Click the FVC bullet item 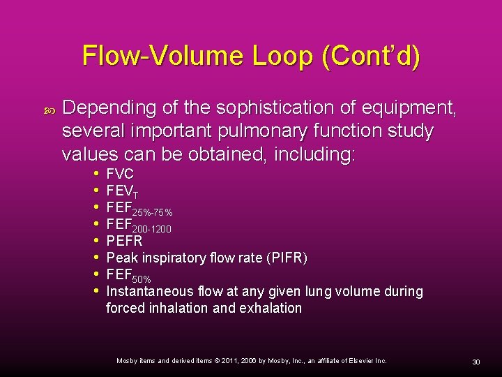coord(120,174)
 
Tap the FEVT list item coord(122,191)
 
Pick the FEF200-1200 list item coord(139,224)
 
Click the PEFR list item coord(124,241)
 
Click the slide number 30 coord(476,361)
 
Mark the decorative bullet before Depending coord(48,109)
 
